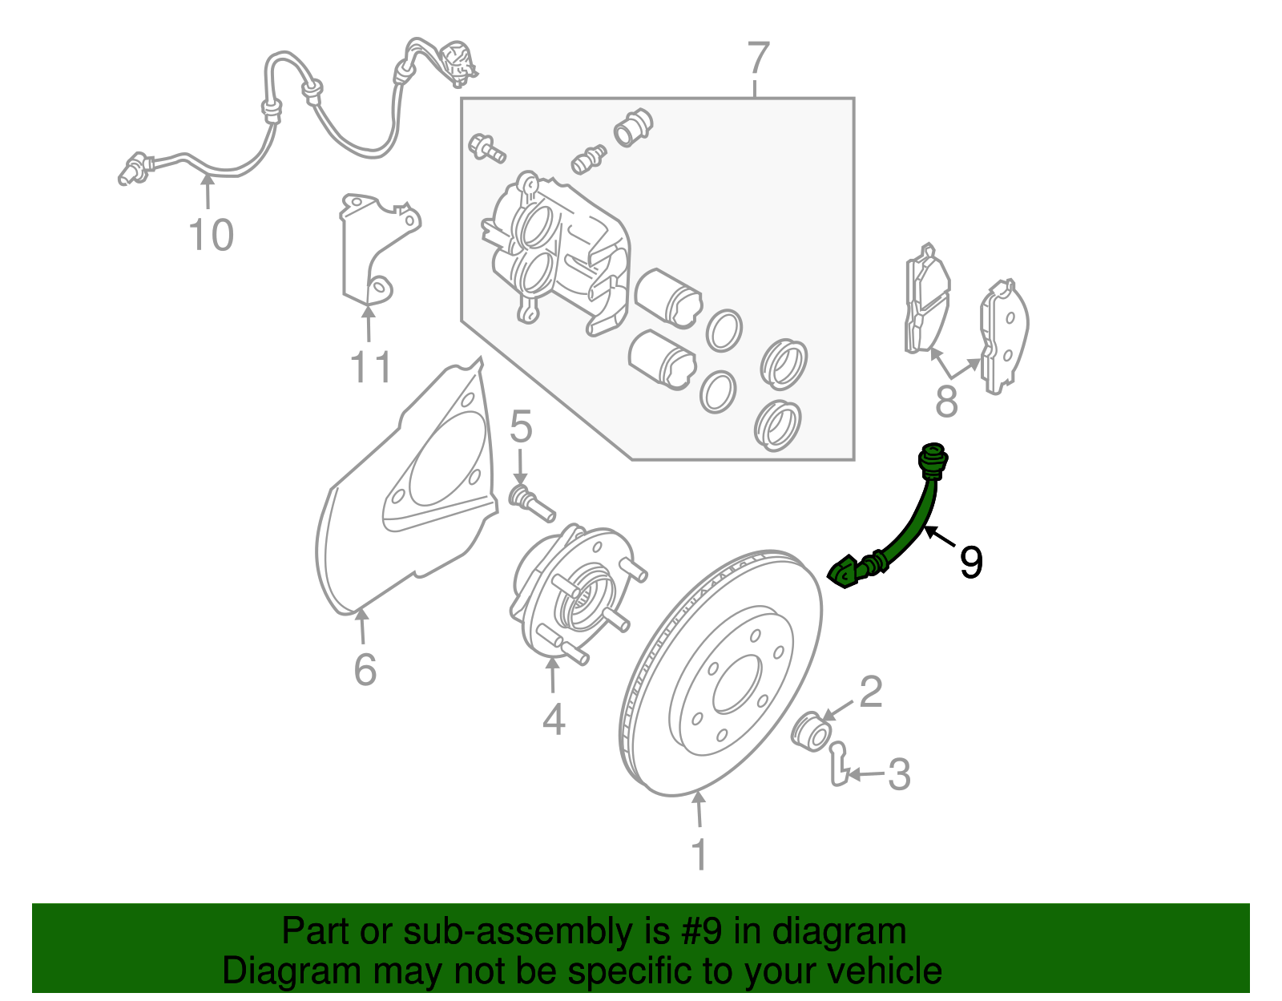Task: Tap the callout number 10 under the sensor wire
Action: point(212,235)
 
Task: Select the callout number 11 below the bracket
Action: point(370,366)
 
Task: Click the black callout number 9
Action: point(971,562)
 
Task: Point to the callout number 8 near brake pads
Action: point(946,401)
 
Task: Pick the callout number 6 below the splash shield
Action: point(365,669)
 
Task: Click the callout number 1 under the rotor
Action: point(699,854)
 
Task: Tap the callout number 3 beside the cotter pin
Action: point(899,774)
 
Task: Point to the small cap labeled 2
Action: point(811,732)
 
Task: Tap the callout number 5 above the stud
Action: point(520,426)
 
